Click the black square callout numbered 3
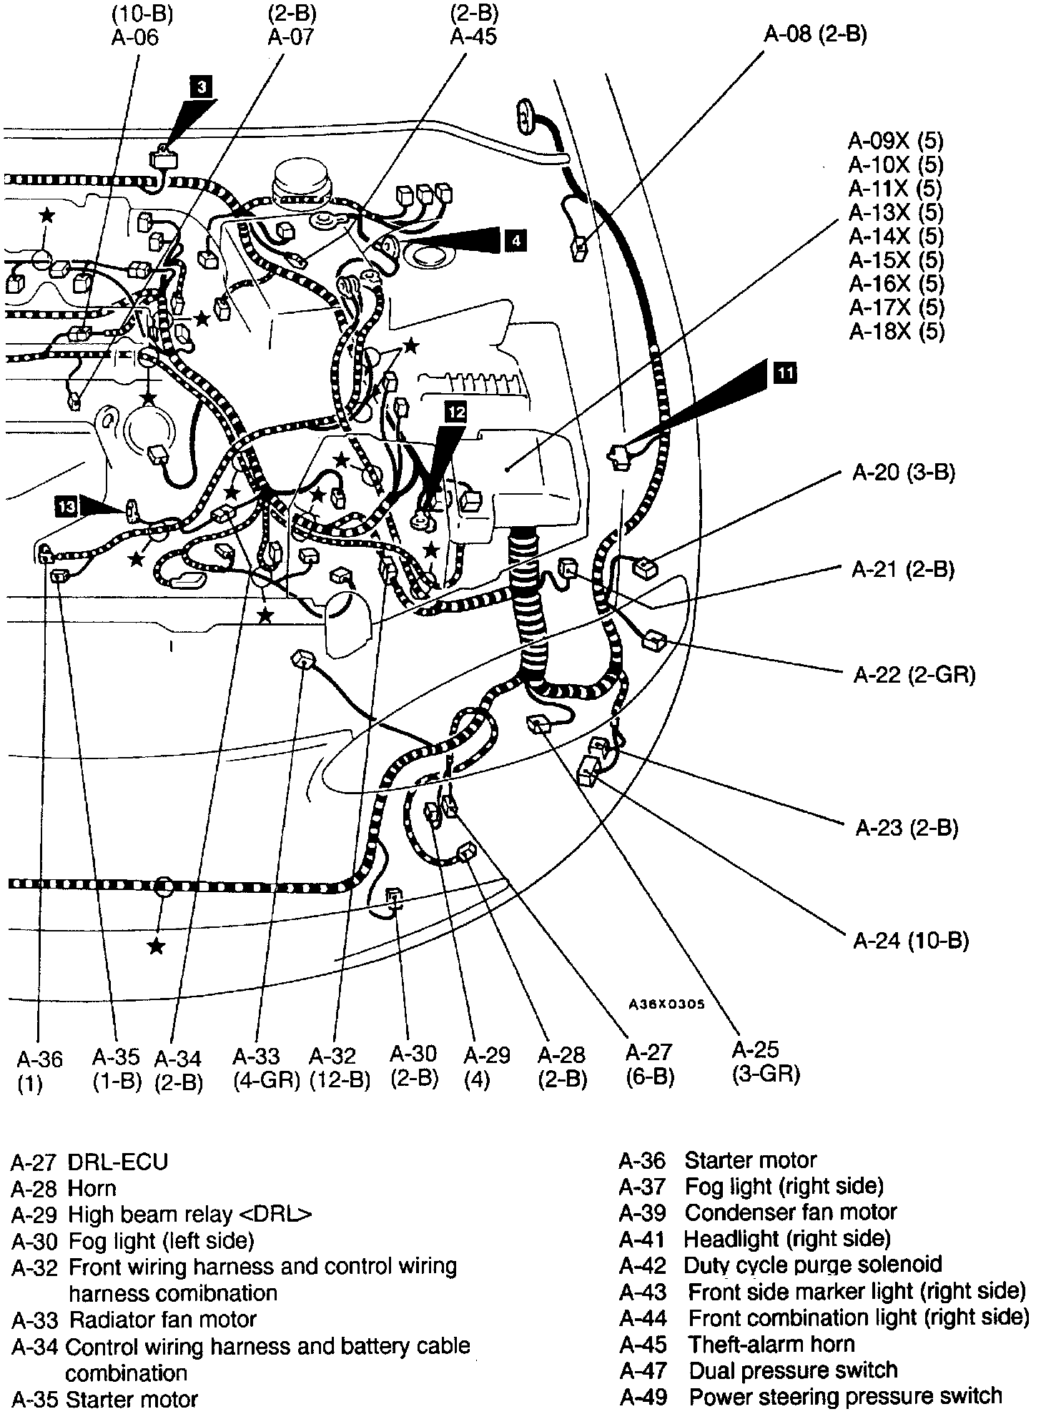tap(202, 88)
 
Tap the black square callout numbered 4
tap(515, 241)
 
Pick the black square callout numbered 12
tap(455, 411)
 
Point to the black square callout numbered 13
tap(66, 506)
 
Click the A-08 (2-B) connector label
tap(816, 34)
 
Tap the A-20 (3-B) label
tap(903, 472)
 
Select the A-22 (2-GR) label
tap(914, 674)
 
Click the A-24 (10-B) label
tap(911, 940)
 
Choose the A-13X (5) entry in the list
tap(896, 212)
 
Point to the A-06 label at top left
tap(134, 36)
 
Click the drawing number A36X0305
tap(667, 1004)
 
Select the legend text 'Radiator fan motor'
tap(162, 1319)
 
